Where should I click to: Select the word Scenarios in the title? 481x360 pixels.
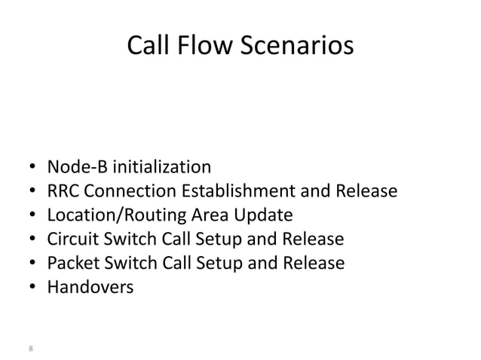point(296,47)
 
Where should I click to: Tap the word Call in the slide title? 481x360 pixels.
point(147,47)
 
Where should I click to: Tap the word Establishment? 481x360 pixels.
point(222,191)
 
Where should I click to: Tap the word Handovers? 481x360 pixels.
point(90,287)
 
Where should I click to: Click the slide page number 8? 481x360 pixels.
point(30,348)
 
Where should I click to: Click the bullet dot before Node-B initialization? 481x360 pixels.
point(34,167)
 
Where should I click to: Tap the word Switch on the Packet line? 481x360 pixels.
point(128,264)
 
